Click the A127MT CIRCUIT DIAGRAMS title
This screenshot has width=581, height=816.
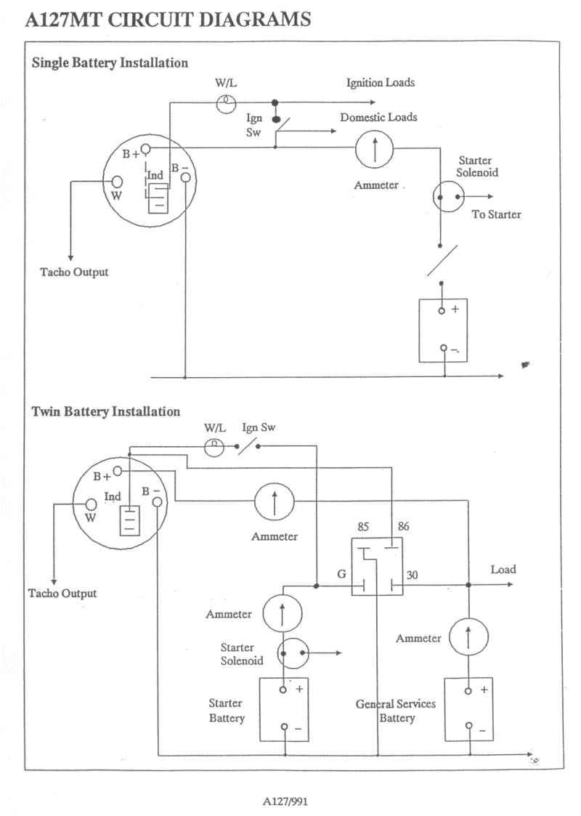[168, 20]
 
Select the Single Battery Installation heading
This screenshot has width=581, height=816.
[110, 62]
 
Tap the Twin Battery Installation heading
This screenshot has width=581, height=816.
[106, 411]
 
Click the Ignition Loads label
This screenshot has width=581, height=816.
[380, 82]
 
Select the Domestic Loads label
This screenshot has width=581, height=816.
[378, 117]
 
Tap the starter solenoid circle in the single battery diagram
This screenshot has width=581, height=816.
[447, 197]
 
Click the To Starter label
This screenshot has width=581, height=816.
[496, 214]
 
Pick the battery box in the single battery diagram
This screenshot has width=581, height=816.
[443, 330]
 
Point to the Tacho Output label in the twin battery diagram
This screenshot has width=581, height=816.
[62, 593]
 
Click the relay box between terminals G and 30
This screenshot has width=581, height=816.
[377, 567]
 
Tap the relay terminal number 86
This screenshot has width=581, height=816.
[403, 526]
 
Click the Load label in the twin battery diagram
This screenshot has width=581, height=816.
[503, 569]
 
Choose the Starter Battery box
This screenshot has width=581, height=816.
[284, 709]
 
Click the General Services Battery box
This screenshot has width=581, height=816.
[468, 709]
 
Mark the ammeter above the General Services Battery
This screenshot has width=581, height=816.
[468, 637]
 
